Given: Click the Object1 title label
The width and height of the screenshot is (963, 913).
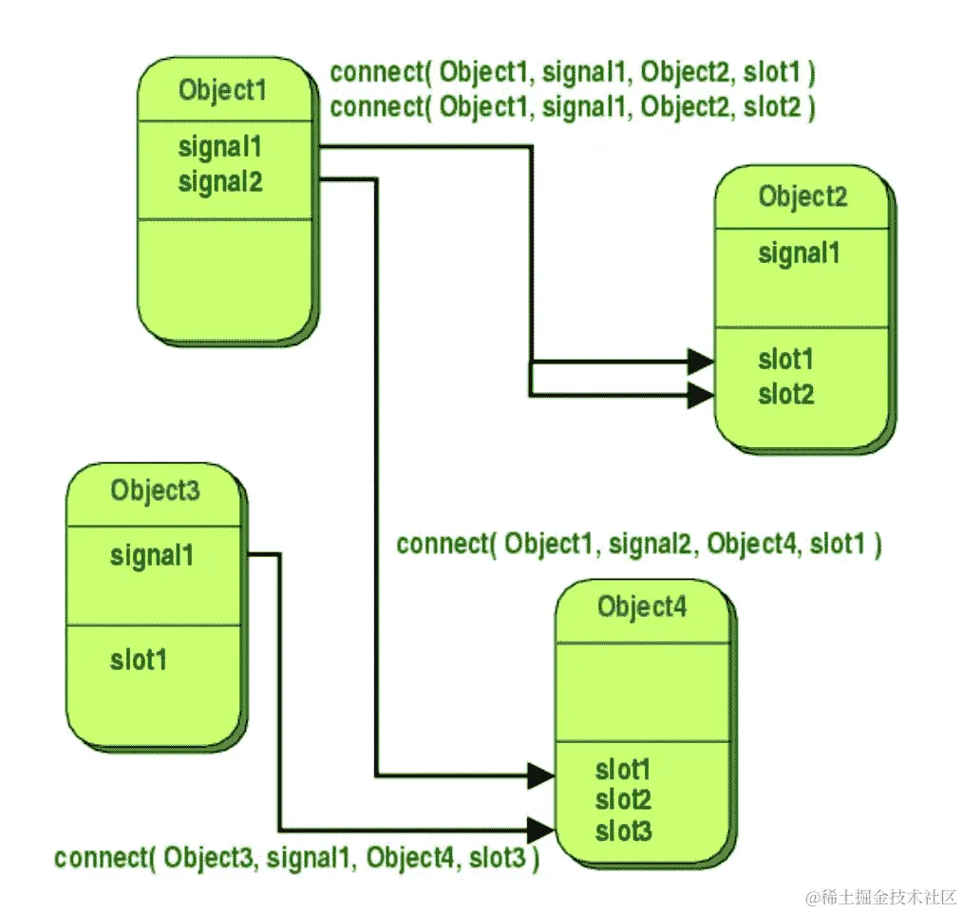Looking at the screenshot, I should pos(222,91).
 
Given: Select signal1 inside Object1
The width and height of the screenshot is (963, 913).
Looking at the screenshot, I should pos(219,148).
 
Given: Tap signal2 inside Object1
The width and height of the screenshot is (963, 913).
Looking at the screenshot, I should pos(220,181).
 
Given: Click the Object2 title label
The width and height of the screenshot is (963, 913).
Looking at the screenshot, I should pos(802,197).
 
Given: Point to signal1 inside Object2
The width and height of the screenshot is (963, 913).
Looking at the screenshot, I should pos(799,253).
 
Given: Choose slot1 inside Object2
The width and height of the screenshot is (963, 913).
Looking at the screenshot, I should pos(785,361).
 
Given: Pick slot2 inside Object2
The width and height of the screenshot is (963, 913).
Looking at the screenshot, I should pos(786,394).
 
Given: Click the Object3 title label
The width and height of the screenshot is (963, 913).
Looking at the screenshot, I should pos(155,491).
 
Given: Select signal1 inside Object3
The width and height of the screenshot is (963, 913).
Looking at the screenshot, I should pos(151,555).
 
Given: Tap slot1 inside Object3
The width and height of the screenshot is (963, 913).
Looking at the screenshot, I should pos(138,660).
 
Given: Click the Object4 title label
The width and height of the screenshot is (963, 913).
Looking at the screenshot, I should pos(641,606).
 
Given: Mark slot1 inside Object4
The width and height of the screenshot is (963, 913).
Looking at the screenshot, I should pos(623,769).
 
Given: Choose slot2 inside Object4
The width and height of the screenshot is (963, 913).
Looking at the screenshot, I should pos(623,800).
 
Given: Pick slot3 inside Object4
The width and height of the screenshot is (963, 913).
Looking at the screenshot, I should pos(623,832).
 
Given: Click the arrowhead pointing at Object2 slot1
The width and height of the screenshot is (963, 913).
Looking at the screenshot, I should pos(701,362).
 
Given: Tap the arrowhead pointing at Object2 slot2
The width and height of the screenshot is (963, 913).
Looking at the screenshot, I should pos(701,395).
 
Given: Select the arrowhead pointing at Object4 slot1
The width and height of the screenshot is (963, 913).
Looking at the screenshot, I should pos(541,776).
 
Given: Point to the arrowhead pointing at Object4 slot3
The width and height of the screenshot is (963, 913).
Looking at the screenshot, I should pos(541,828).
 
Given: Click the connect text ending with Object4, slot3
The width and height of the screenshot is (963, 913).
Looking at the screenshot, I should pos(297,859).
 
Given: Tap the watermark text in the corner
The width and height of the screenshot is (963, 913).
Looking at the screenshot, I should pos(879,895).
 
